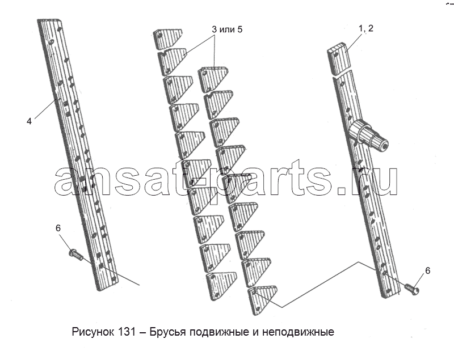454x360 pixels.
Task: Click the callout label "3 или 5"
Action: [x=227, y=29]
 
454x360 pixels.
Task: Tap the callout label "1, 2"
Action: [x=366, y=28]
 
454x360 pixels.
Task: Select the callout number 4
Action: [x=29, y=121]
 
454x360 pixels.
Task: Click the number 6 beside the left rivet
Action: [x=58, y=228]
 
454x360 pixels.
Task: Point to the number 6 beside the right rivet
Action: [x=427, y=270]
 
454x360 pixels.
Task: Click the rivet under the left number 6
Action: [x=75, y=254]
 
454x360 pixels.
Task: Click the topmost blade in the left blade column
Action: [x=167, y=39]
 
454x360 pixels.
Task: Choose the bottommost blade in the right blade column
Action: [x=262, y=299]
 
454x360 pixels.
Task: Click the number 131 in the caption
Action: [x=127, y=332]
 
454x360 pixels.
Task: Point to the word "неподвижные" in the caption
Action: [x=299, y=332]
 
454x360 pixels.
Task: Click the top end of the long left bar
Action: [x=49, y=20]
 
